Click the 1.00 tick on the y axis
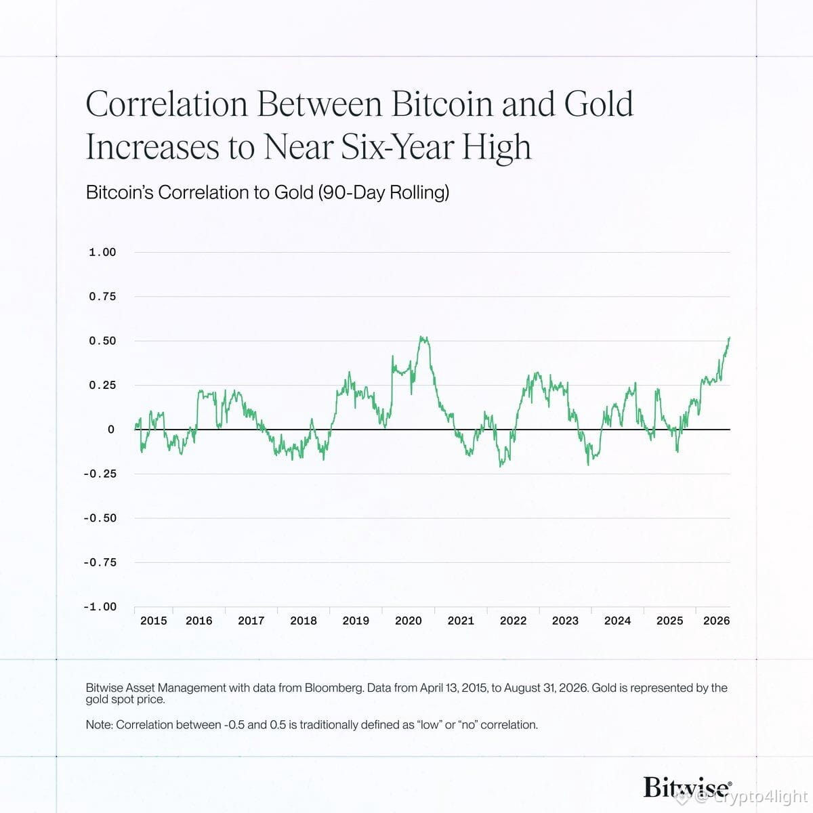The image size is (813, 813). point(102,252)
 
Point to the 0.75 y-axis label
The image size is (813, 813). point(102,297)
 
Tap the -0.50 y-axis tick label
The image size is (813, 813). point(100,518)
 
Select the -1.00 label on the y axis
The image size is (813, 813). point(100,606)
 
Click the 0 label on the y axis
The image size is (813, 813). point(111,430)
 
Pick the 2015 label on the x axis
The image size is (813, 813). point(154,621)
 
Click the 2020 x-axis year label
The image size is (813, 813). point(409,621)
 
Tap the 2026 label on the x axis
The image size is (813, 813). point(716,621)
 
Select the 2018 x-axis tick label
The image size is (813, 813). point(304,621)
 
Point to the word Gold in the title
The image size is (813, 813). point(599,104)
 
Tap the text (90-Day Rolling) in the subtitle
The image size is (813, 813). point(383,193)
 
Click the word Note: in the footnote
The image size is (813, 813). point(99,725)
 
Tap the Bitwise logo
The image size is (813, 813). point(687,787)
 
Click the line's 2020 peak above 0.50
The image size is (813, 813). point(422,337)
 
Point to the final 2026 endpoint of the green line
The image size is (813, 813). point(730,337)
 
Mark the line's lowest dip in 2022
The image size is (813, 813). point(501,466)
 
